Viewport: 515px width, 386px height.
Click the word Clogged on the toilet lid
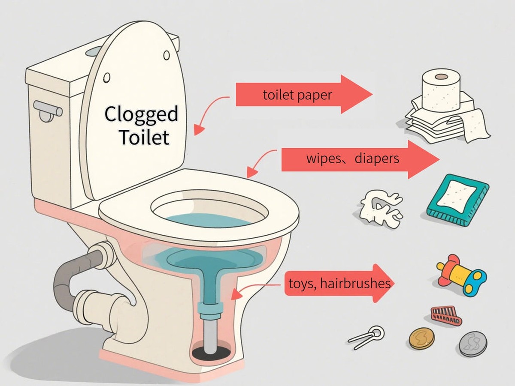(141, 114)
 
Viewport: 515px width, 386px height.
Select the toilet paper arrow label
(297, 95)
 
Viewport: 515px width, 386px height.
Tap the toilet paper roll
(441, 91)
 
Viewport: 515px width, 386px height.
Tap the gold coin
(421, 338)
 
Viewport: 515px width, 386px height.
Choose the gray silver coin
(473, 344)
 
